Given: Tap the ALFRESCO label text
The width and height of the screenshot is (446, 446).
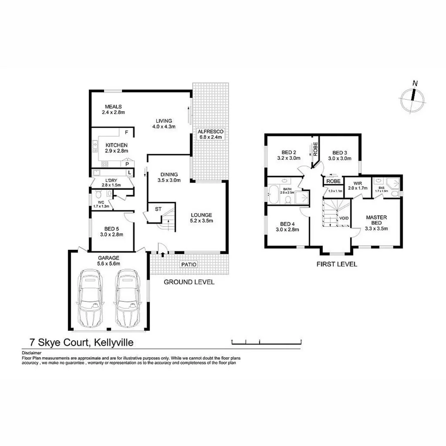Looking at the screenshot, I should pos(210,131).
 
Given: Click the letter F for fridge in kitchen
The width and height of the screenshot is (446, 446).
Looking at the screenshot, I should pos(127,133).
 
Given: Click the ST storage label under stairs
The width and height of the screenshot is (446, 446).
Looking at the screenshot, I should pos(158,209).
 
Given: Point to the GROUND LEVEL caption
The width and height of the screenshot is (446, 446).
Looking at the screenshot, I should pos(189,282).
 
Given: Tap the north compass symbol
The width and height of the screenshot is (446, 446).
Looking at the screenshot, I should pos(413,97).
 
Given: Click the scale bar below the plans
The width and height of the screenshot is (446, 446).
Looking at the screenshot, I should pos(267,342).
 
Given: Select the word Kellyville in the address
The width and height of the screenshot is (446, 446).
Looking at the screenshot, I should pos(114,342).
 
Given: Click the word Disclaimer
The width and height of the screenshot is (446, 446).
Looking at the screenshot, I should pos(32,353).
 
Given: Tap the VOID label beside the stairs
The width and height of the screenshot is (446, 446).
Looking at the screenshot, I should pos(344,218).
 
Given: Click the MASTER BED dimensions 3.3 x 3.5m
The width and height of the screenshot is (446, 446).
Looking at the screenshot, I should pos(376,228).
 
